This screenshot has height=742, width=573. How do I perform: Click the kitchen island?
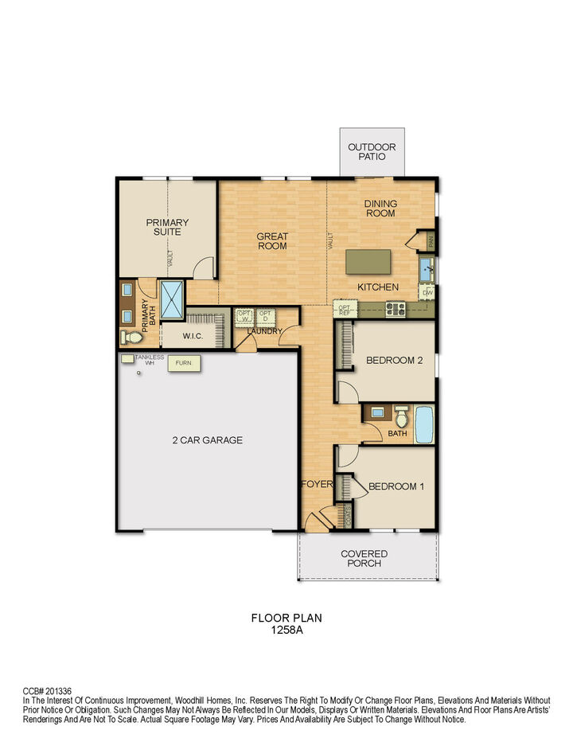coord(368,261)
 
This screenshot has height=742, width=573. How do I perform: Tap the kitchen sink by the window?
coord(427,268)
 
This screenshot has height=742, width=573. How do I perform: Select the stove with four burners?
coord(396,308)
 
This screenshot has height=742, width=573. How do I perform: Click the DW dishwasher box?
coord(428,292)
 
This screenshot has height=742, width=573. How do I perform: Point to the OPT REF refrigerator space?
coord(345,308)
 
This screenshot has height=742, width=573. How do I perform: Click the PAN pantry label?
coord(430,239)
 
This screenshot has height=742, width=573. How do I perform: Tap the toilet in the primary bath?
coord(130,338)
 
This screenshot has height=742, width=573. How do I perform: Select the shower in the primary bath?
coord(172,299)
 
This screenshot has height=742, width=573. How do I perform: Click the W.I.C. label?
coord(193,336)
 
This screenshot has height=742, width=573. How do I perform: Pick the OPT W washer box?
coord(244,316)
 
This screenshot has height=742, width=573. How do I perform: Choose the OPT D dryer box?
coord(265,316)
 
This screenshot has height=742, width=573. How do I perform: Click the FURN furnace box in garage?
coord(183,364)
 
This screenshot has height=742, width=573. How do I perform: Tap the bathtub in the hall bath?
coord(423,424)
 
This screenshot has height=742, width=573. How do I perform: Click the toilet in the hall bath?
coord(400,416)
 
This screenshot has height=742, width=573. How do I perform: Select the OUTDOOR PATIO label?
coord(372,151)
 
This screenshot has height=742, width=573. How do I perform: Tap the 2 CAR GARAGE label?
coord(207,439)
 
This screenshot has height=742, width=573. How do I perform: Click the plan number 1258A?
coord(286,628)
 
